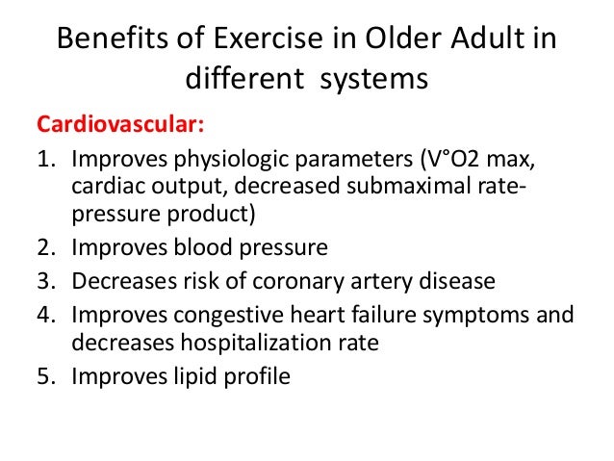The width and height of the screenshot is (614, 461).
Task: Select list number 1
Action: coord(45,159)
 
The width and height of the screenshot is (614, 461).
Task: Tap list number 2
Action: coord(45,247)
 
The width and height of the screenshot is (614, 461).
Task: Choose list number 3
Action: coord(45,281)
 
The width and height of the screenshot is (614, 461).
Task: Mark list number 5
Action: coord(45,376)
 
